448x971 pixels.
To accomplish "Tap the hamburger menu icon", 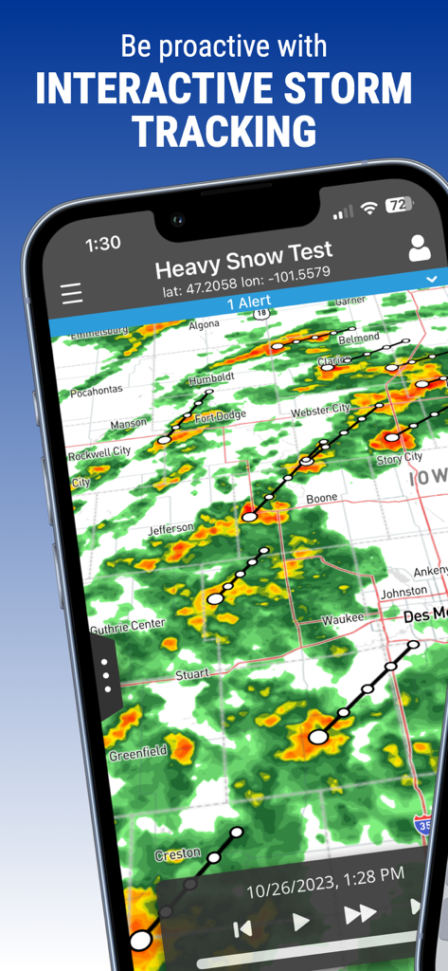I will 72,294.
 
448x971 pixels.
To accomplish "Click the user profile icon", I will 419,248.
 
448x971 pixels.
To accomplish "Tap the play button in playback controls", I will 301,921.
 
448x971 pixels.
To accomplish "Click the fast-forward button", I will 360,914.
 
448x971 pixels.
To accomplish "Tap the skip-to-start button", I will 243,929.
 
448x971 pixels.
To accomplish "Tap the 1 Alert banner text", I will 248,302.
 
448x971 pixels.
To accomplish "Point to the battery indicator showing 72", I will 400,204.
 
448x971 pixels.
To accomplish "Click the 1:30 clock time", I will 102,244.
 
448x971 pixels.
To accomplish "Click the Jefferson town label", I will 170,529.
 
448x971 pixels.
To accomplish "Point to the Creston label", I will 177,855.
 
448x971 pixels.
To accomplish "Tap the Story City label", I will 400,458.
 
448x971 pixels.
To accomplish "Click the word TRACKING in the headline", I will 224,131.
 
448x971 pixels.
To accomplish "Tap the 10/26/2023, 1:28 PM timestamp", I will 325,881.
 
